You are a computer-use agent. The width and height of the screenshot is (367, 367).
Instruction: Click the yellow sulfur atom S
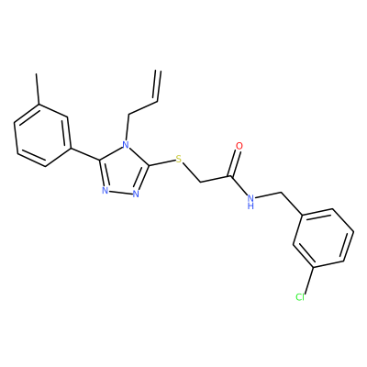coord(179,159)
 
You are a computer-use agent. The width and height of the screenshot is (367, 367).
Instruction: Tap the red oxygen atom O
coord(239,146)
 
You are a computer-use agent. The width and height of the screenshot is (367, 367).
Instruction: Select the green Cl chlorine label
coord(300,296)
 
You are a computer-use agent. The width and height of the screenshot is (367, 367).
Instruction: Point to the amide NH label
coord(250,201)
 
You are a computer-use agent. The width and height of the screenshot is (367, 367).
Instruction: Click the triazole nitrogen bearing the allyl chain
coord(126,144)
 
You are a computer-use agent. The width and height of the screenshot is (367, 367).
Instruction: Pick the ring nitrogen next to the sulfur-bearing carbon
coord(136,194)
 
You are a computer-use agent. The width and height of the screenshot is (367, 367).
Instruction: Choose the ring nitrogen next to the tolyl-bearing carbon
coord(105,191)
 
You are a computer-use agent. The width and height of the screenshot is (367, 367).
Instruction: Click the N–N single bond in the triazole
coord(120,193)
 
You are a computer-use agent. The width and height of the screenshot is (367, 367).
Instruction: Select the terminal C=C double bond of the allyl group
coord(158,86)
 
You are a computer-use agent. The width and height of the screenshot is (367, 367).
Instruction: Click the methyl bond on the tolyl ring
coord(38,89)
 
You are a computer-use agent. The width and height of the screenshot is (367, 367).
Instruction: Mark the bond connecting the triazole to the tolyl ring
coord(85,154)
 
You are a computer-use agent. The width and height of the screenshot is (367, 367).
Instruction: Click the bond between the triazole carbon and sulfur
coord(161,162)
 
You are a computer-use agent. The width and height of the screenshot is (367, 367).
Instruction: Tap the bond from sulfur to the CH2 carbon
coord(192,173)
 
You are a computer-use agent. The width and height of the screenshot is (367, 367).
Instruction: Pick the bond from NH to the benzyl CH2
coord(268,195)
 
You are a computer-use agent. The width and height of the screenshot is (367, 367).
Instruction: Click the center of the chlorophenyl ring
coord(324,238)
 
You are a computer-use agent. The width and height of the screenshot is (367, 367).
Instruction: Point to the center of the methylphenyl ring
coord(43,135)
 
